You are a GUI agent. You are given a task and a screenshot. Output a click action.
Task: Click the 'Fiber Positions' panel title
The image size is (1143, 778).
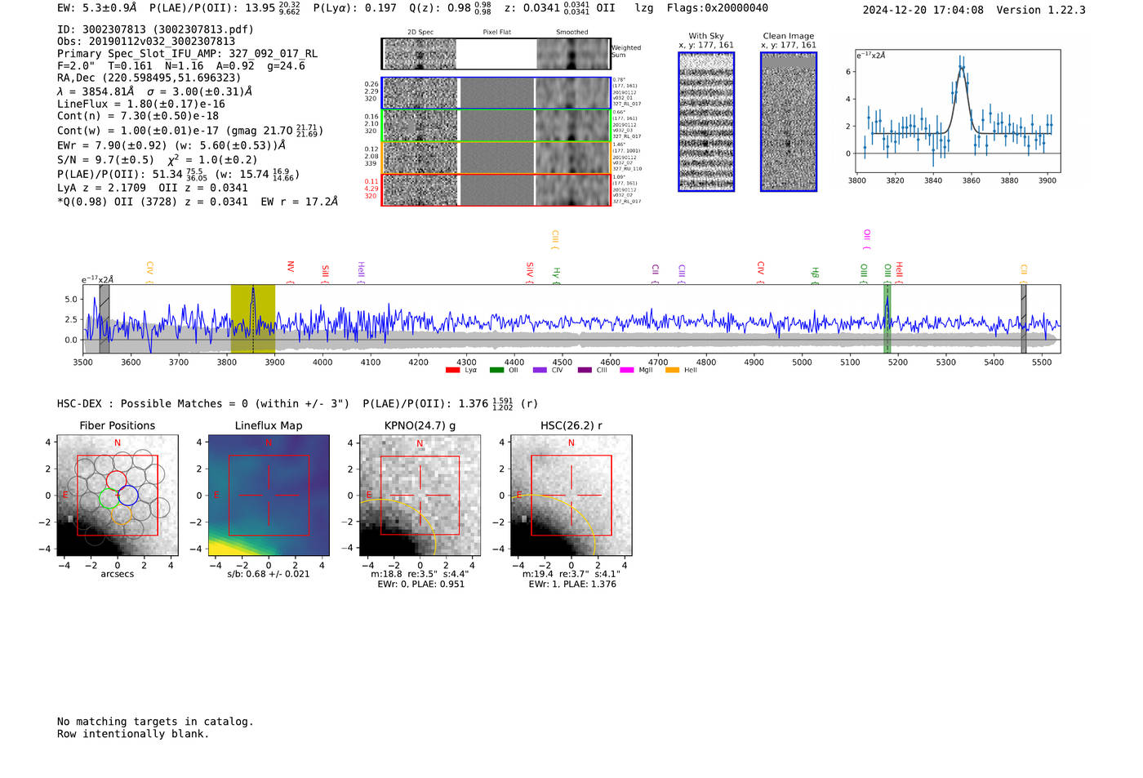pos(117,425)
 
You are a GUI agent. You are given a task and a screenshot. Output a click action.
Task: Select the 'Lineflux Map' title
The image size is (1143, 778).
pos(268,425)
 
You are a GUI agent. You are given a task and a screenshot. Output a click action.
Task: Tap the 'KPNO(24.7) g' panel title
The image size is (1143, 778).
pos(420,425)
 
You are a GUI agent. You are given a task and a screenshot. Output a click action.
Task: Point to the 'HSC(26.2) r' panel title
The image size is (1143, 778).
pos(571,425)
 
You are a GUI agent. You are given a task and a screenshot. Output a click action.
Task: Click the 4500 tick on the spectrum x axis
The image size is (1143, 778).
pos(563,362)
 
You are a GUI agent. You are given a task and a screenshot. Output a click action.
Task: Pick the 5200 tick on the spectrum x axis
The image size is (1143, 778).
pos(898,362)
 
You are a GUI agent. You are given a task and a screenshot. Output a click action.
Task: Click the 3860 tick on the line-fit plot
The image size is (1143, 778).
pos(971,180)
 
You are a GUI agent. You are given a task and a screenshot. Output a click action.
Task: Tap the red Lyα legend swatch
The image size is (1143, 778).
pos(453,371)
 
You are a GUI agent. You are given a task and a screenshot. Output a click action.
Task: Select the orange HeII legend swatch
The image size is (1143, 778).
pos(673,371)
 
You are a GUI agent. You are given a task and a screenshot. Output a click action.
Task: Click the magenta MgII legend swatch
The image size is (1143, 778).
pos(627,371)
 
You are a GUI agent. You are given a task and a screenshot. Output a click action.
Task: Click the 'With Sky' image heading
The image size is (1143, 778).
pos(706,36)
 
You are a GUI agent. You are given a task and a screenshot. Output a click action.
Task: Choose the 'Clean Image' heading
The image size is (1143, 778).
pos(788,36)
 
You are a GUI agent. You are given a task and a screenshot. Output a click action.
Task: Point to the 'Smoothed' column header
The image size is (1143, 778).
pos(571,33)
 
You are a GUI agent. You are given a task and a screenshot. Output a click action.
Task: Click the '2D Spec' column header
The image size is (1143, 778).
pos(420,33)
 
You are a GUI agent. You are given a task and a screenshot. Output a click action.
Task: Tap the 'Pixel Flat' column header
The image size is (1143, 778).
pos(496,33)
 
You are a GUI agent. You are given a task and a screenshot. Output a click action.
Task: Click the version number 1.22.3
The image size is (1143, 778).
pos(1065,10)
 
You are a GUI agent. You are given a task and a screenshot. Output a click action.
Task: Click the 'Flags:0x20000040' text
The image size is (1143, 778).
pos(717,8)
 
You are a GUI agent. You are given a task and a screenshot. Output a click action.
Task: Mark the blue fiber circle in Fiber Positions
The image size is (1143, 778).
pos(127,495)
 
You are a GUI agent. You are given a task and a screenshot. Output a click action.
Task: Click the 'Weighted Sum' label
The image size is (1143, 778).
pos(625,51)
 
